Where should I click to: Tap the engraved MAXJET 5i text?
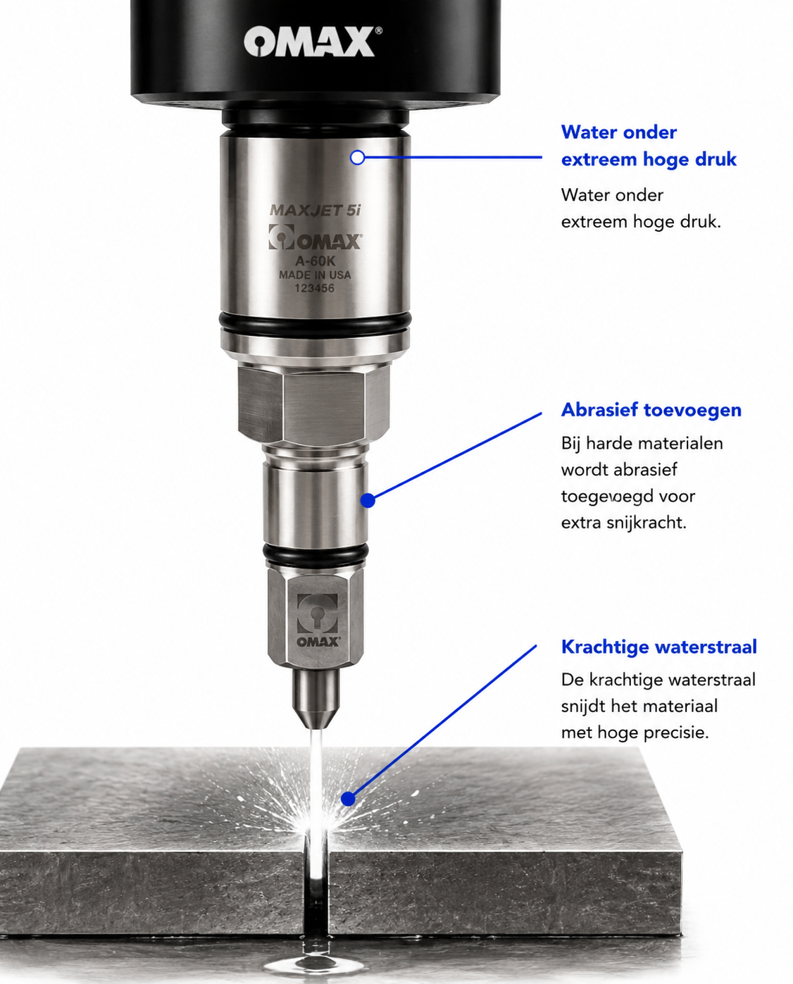coord(315,211)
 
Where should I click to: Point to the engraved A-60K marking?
coord(315,261)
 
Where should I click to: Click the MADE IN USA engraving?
coord(315,275)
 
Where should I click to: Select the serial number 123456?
coord(314,288)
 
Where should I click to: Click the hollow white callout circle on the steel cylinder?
coord(358,157)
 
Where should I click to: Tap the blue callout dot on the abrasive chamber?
coord(368,500)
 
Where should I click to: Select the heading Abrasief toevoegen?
coord(651,410)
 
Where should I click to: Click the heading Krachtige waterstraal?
coord(659,647)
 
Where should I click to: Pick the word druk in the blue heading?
coord(716,159)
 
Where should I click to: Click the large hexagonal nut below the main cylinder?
coord(313,405)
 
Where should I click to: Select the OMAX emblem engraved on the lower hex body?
coord(318,621)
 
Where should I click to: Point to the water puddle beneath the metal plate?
coord(316,960)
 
